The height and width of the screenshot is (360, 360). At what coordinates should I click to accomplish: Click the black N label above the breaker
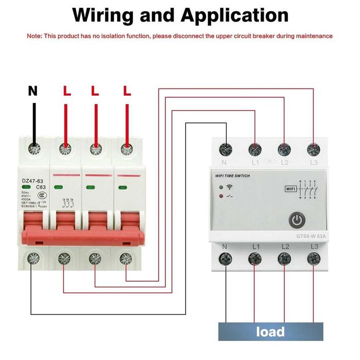point(33,92)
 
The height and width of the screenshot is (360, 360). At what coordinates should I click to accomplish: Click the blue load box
point(270,331)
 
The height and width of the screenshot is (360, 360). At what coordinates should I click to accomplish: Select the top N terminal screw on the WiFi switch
point(226,149)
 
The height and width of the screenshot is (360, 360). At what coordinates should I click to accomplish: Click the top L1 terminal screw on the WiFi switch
point(254,149)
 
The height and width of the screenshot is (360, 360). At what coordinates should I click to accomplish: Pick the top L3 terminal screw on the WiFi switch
point(313,149)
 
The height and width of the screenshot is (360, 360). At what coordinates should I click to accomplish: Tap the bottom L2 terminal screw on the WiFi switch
point(284,258)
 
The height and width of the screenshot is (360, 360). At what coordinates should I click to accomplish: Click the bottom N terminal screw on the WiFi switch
point(226,258)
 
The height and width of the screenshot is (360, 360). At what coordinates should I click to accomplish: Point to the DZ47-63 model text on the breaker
point(32,180)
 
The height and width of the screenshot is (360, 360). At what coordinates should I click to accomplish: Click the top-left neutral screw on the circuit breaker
point(34,150)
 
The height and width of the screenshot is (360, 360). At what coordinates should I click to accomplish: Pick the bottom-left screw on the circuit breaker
point(34,256)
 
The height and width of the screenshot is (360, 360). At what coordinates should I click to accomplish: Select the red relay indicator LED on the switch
point(221,196)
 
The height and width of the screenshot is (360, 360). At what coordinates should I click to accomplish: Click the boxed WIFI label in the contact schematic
point(291,189)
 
